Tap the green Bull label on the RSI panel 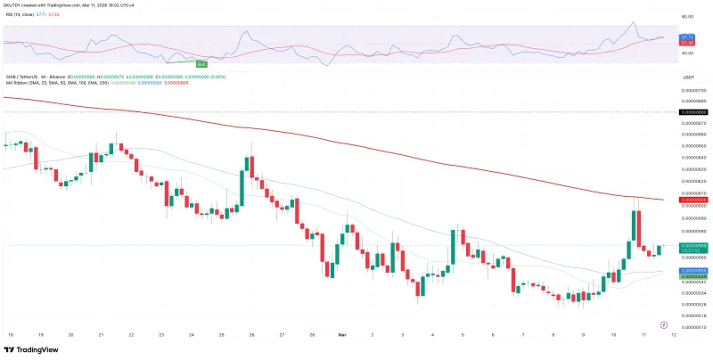tap(202, 64)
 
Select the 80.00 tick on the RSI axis tap(686, 17)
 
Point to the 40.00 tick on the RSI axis tap(686, 53)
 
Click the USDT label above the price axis tap(688, 78)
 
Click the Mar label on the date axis tap(341, 335)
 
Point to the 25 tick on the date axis tap(221, 335)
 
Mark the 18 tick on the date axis tap(10, 335)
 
